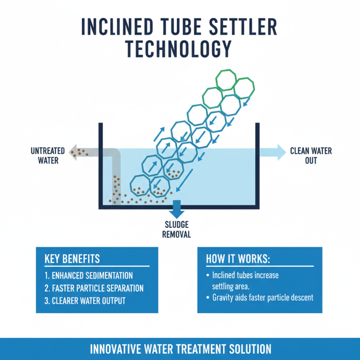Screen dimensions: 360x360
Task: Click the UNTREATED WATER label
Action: coord(48,155)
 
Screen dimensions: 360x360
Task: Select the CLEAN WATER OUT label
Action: coord(311,155)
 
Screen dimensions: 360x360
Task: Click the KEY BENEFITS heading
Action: coord(72,259)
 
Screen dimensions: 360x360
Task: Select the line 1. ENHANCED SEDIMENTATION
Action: coord(89,275)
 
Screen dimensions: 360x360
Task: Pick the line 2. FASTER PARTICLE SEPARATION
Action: coord(94,288)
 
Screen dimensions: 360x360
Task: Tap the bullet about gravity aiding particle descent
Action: coord(263,297)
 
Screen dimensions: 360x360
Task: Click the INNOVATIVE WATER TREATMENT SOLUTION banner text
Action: coord(180,349)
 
